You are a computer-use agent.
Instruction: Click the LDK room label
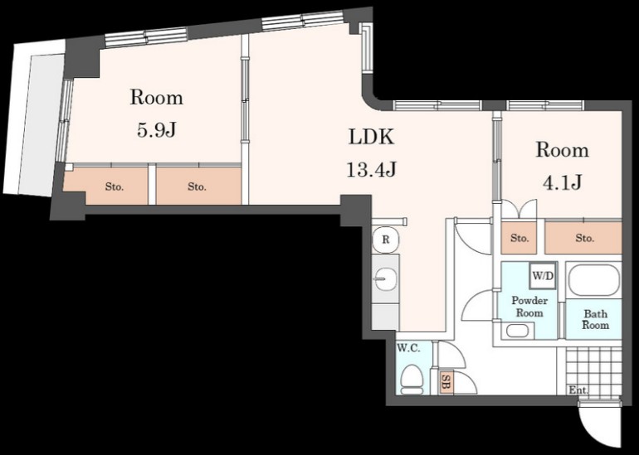click(371, 137)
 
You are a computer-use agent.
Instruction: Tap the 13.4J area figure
click(371, 169)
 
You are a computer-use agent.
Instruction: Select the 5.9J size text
click(157, 130)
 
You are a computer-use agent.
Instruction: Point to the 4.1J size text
click(562, 182)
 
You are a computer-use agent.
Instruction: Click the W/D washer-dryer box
click(543, 275)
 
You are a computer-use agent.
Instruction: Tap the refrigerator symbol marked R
click(386, 240)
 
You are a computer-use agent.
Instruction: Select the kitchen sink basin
click(385, 279)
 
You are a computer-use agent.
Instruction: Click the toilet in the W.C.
click(411, 380)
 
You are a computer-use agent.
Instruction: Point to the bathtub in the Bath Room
click(593, 280)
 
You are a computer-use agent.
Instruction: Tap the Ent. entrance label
click(578, 390)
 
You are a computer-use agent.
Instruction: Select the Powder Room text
click(529, 307)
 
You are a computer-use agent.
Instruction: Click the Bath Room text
click(595, 319)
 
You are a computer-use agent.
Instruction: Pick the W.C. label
click(409, 348)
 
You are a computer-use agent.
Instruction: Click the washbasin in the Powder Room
click(518, 331)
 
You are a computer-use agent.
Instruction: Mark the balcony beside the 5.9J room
click(33, 118)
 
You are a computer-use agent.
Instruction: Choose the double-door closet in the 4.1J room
click(519, 210)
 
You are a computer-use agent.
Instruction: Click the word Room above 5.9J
click(157, 98)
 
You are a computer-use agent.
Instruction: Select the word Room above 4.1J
click(562, 150)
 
